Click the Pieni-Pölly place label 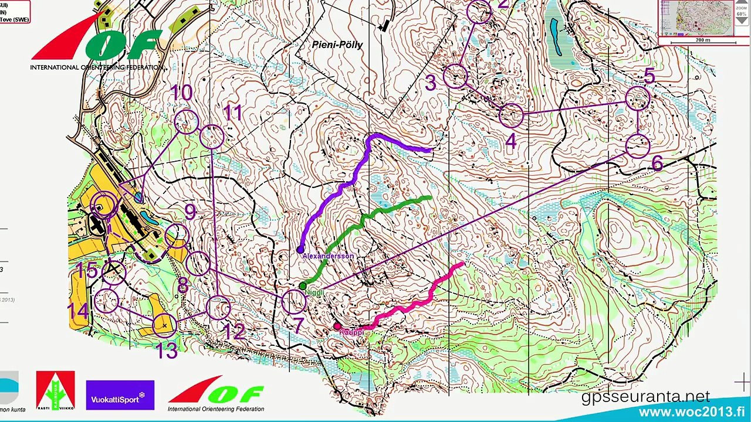point(337,45)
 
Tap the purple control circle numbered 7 point(294,301)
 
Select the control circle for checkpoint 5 point(637,98)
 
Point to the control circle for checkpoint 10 point(187,121)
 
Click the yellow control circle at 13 point(164,325)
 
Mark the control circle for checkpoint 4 point(511,115)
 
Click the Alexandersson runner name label point(328,256)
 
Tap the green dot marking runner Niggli point(303,286)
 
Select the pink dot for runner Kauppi point(337,326)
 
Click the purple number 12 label point(234,331)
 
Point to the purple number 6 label point(657,164)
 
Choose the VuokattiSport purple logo point(120,395)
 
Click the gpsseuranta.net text point(645,397)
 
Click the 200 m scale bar point(703,40)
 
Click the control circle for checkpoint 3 point(455,76)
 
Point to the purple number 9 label point(190,212)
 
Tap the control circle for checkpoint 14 point(106,301)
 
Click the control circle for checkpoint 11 point(212,137)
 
